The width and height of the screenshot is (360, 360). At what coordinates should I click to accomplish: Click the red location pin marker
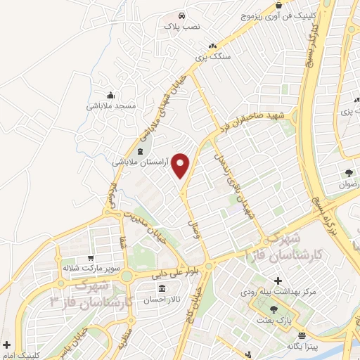coord(181,165)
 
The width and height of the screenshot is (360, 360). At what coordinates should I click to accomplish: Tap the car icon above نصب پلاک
coord(182,15)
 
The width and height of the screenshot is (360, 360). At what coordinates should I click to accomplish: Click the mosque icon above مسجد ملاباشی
coord(110,96)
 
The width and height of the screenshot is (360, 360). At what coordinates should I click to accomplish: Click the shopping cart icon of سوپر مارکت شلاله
coord(91,259)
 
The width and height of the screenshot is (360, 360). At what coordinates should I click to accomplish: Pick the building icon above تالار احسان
coord(162,289)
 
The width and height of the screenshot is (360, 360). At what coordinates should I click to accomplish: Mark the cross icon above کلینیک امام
coord(6,345)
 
